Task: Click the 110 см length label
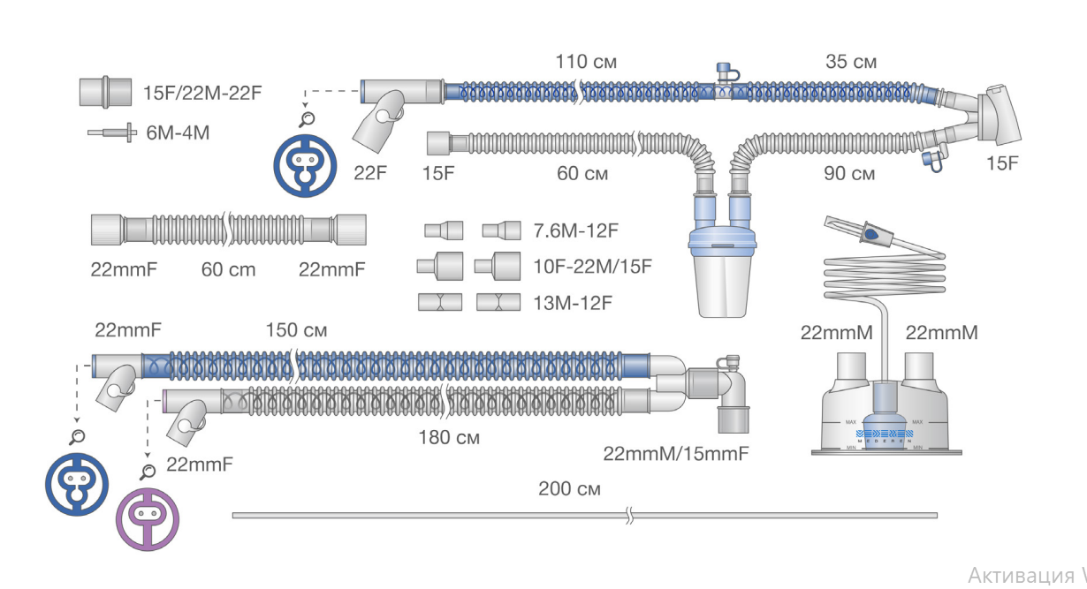click(586, 62)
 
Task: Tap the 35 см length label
click(851, 62)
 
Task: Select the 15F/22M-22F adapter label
click(202, 93)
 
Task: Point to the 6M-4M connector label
click(178, 132)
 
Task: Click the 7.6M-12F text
click(576, 230)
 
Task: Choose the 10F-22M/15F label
click(592, 266)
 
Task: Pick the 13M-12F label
click(573, 303)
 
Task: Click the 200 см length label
click(569, 488)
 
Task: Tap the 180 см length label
click(449, 438)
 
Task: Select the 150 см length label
click(296, 330)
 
